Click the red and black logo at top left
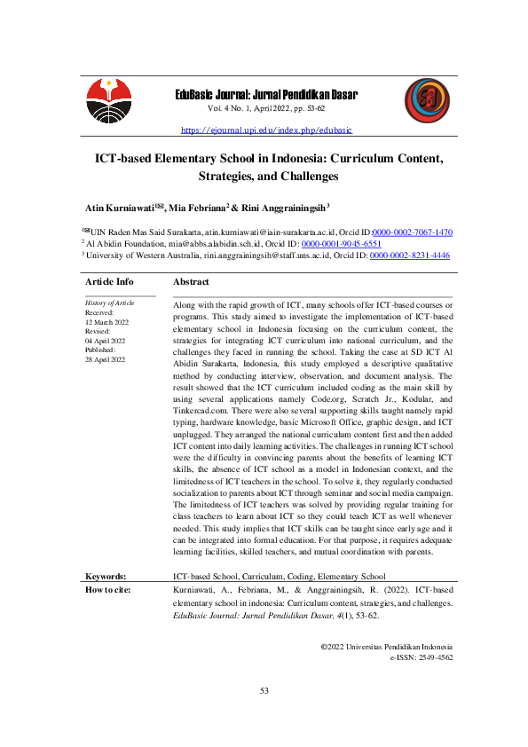107,102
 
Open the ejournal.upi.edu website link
266,130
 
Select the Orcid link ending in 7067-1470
412,231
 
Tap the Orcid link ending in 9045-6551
342,242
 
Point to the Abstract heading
191,281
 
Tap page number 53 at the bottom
264,690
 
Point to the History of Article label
110,303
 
